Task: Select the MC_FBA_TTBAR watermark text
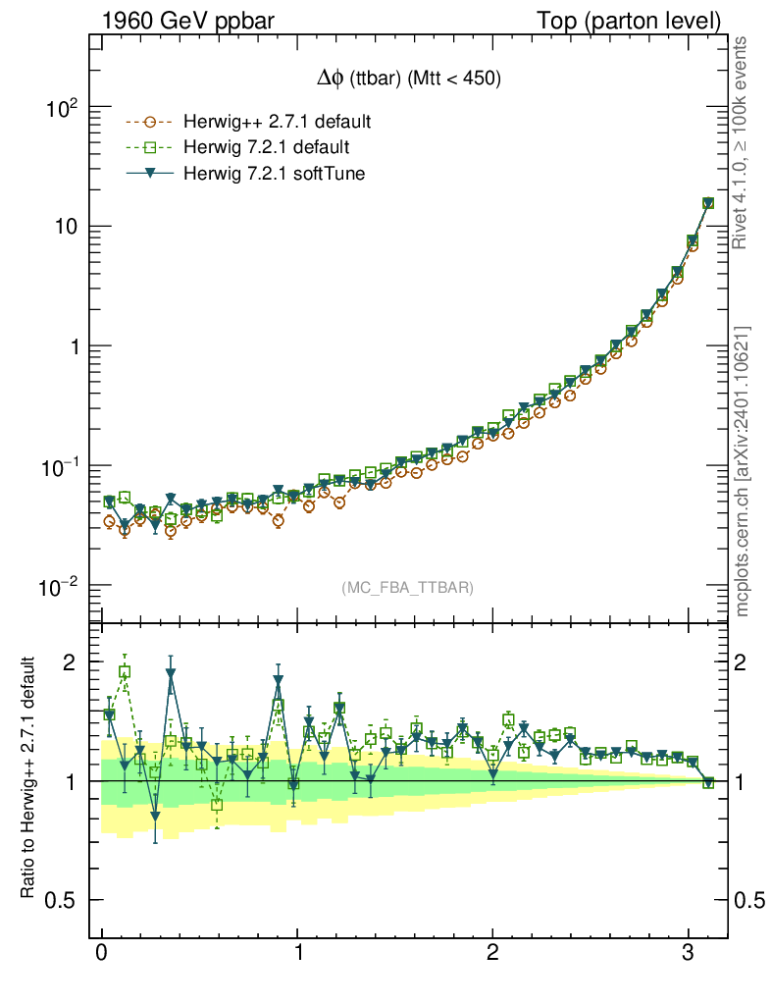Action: click(408, 588)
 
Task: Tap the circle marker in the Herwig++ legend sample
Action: click(149, 123)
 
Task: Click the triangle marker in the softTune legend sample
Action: click(149, 175)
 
